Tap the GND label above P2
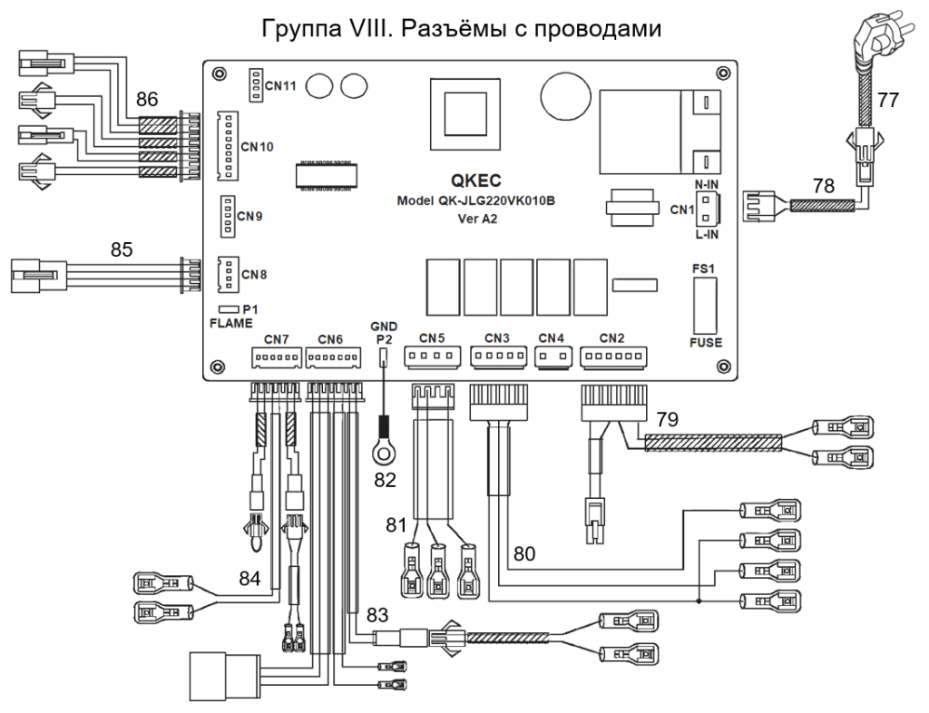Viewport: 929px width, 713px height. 383,324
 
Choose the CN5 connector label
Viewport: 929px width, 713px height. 433,337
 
